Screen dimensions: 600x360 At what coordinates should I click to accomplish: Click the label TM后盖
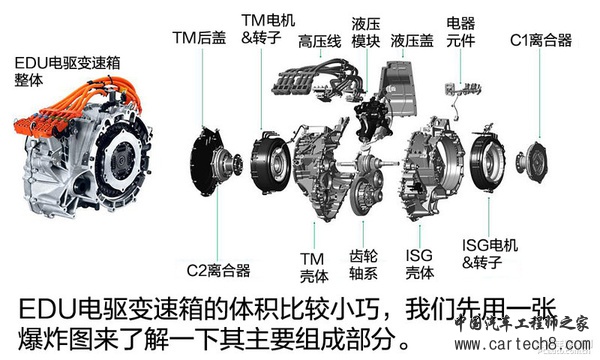[199, 37]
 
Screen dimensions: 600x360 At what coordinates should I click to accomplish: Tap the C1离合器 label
[541, 40]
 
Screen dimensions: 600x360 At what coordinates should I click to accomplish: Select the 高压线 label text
[320, 41]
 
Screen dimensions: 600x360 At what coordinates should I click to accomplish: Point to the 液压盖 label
[412, 41]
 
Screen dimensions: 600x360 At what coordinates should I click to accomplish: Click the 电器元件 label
[460, 32]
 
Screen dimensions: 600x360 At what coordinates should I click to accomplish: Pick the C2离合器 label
[218, 270]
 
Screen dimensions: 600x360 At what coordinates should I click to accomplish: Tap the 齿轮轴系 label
[363, 264]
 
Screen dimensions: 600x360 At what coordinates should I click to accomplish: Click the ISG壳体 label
[419, 264]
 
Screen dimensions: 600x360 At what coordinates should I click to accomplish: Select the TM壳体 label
[314, 267]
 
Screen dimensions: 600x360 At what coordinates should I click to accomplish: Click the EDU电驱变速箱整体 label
[67, 72]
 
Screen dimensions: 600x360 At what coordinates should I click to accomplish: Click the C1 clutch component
[532, 161]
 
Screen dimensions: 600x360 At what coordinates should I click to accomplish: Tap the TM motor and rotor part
[271, 162]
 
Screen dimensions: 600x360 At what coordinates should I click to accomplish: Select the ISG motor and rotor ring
[488, 162]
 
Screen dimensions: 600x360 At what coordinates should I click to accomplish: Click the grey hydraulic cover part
[400, 88]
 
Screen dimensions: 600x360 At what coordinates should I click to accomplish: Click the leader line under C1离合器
[540, 93]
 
